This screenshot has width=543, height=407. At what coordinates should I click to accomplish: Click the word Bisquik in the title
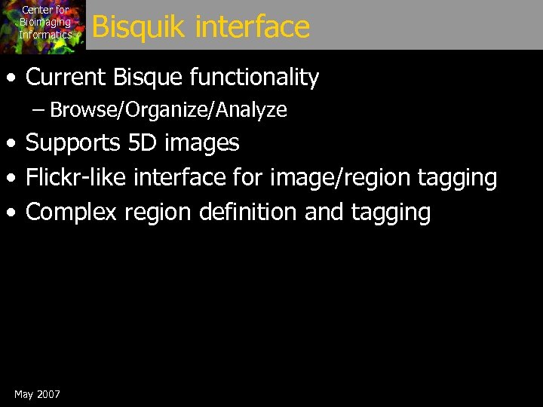pos(139,27)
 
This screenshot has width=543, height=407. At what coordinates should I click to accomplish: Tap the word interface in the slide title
pos(253,27)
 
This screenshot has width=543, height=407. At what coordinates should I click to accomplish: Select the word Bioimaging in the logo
pos(45,22)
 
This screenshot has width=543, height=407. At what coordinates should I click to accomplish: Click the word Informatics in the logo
pos(45,34)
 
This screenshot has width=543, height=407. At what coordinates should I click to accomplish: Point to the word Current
pos(66,77)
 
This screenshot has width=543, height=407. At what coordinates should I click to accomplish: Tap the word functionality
pos(255,77)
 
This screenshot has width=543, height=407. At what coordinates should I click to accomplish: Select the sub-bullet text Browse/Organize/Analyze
pos(168,110)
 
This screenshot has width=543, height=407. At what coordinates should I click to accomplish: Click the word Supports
pos(70,142)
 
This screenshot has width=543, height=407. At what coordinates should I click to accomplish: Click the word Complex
pos(71,213)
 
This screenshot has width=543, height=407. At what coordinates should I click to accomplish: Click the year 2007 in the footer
pos(48,394)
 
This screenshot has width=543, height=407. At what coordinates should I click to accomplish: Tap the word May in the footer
pos(23,395)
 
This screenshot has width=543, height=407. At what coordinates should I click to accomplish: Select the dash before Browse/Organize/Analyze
pos(38,110)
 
